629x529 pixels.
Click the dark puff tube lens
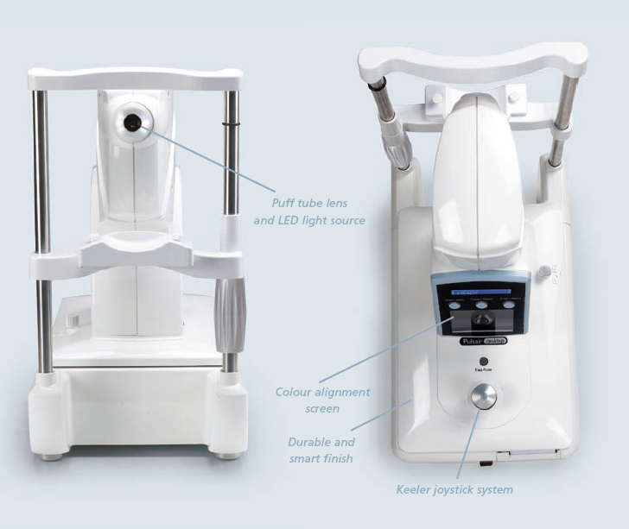132,123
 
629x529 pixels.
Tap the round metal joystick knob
482,395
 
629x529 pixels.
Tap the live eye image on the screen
482,321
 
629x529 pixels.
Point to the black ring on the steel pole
230,123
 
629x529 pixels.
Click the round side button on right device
543,274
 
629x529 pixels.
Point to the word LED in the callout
292,221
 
